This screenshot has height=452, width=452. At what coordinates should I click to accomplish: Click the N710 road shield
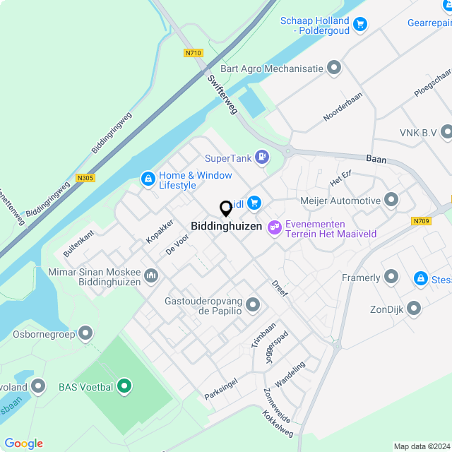pos(192,53)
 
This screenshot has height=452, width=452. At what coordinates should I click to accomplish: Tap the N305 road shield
pos(85,178)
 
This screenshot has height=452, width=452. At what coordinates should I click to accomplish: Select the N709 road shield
pos(420,221)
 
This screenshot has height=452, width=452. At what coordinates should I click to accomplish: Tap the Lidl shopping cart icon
pos(254,204)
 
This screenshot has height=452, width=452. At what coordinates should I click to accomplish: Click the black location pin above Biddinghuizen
pos(226,209)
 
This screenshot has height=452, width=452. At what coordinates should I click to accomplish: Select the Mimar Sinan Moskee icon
pos(151,275)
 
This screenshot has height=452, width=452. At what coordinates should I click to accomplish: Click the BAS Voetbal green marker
pos(124,386)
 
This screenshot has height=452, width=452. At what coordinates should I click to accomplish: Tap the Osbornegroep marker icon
pos(86,332)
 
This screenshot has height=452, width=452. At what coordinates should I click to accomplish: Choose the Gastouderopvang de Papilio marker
pos(253,305)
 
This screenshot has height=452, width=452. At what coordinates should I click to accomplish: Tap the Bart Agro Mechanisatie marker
pos(334,69)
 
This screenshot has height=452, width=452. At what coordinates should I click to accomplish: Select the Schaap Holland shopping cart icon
pos(361,24)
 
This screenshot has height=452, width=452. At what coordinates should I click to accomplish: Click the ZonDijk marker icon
pos(414,309)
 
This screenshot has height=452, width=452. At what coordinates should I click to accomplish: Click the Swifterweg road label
pos(223,95)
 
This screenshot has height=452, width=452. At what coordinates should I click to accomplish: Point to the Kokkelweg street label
pos(278,422)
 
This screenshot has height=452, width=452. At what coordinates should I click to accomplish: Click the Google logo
pos(23,443)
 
